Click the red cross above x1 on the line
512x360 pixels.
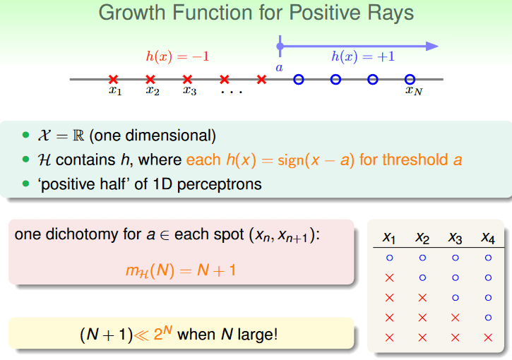(113, 79)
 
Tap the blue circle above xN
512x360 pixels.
(410, 79)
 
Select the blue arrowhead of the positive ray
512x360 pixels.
(432, 47)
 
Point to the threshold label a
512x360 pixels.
(279, 68)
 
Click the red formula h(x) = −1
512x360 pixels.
(177, 56)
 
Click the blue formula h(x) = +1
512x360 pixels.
(363, 56)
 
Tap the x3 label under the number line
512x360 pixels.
(190, 90)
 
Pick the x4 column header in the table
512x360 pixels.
(488, 238)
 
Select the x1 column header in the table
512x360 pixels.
(389, 238)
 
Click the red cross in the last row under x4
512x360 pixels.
(488, 337)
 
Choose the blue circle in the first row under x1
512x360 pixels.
(390, 258)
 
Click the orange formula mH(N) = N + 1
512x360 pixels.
(181, 270)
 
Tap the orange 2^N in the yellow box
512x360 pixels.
(162, 333)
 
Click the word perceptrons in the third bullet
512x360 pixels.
(220, 184)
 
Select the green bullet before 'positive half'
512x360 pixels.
(26, 184)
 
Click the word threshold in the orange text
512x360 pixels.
(415, 160)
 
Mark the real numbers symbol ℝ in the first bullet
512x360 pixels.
(78, 136)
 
